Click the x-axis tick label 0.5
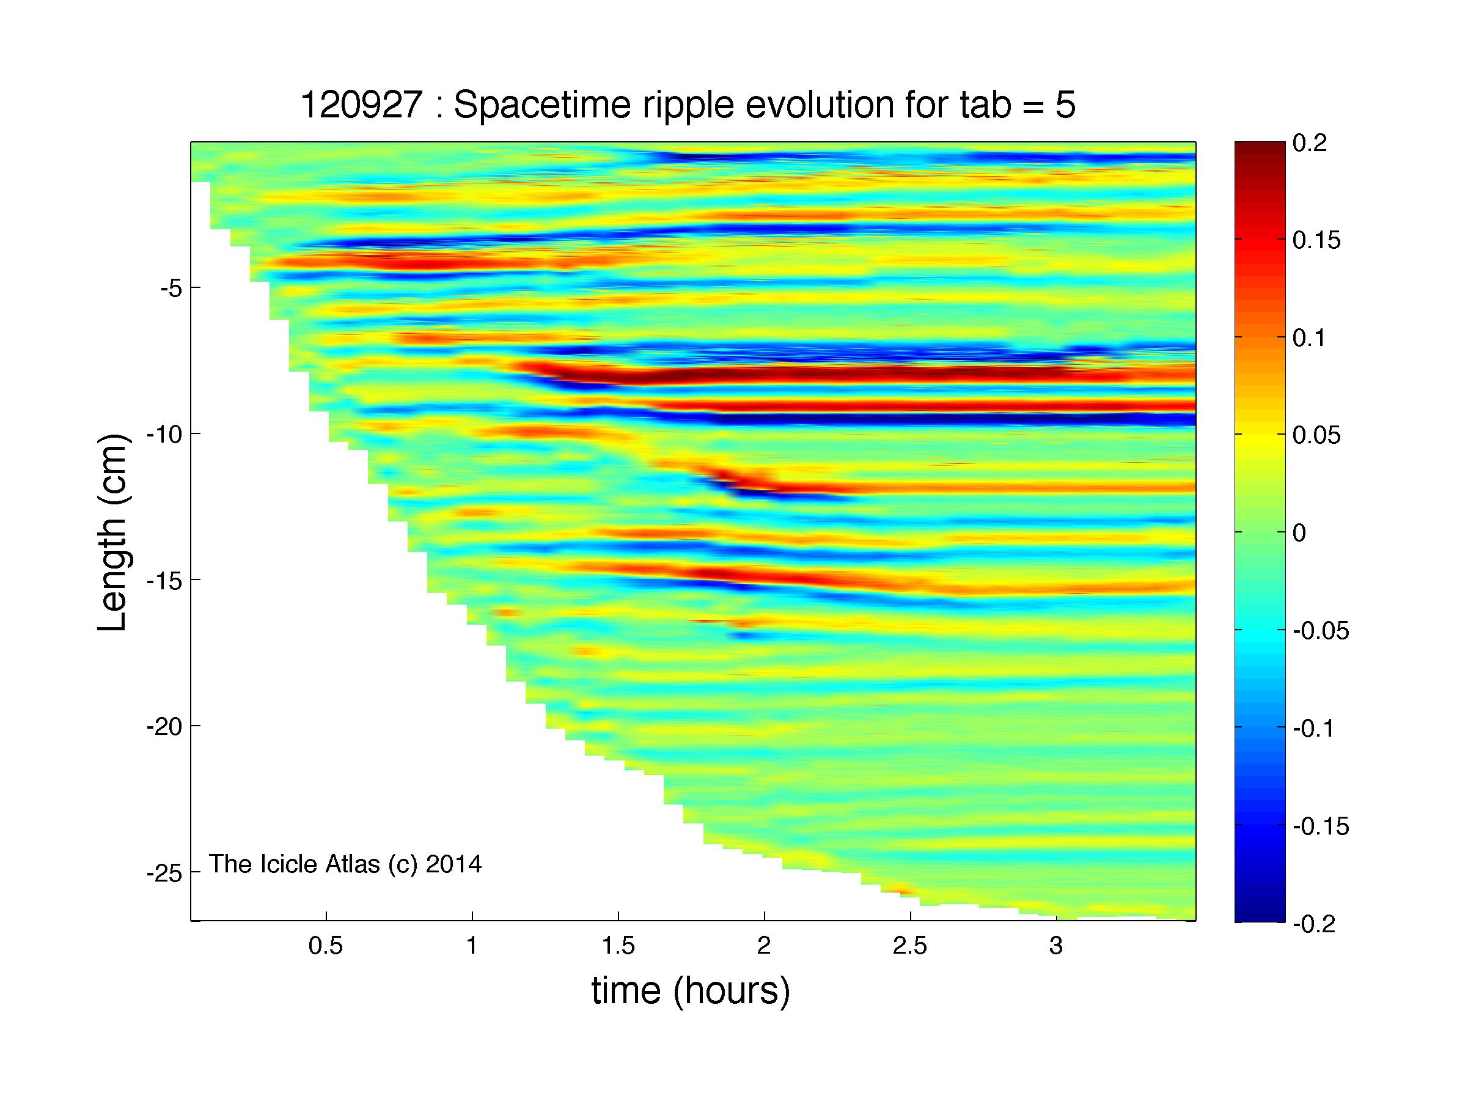(326, 946)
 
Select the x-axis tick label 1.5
(618, 946)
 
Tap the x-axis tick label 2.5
(910, 946)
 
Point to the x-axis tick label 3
(1057, 946)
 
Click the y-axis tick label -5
(171, 288)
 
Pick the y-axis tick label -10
(164, 434)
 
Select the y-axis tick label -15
(164, 580)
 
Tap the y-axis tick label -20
(164, 727)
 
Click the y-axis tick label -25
(164, 874)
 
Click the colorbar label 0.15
(1316, 240)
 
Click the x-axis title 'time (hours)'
(691, 991)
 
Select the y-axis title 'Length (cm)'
(112, 532)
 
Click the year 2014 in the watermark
(454, 863)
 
